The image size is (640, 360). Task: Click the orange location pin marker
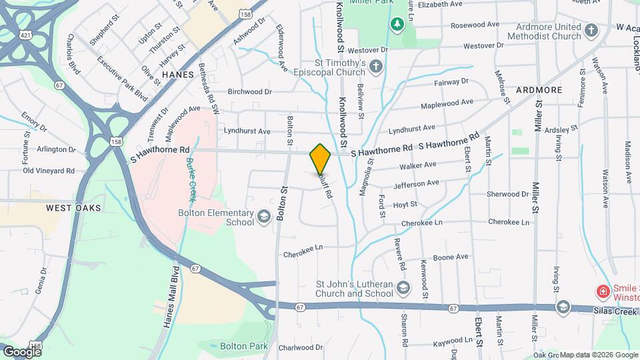coord(320,159)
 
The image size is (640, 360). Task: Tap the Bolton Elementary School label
coord(216,217)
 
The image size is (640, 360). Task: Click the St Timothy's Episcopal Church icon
coord(377,66)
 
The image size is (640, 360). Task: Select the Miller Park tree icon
coord(397,25)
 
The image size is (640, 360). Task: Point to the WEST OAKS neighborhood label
coord(74,208)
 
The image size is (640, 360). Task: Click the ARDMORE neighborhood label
coord(539,89)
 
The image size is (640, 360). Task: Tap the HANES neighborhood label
coord(177,75)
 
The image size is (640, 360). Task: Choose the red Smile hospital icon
coord(602,291)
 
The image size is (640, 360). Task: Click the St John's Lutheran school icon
coord(403,287)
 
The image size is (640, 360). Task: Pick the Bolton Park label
coord(243,346)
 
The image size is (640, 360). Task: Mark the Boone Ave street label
coord(451,257)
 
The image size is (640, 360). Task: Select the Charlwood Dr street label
coord(301,347)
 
